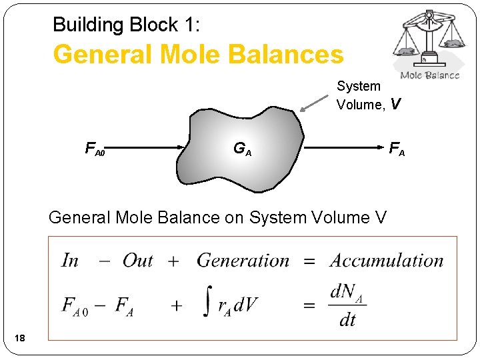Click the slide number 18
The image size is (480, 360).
point(20,339)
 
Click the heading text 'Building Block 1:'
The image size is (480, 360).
point(125,25)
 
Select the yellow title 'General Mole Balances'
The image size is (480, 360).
point(198,55)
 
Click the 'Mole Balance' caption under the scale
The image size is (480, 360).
point(430,75)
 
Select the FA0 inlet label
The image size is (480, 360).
point(95,149)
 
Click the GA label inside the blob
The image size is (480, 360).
point(242,149)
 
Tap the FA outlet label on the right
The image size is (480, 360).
point(397,149)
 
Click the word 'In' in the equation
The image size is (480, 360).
point(70,261)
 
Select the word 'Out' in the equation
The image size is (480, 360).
point(137,261)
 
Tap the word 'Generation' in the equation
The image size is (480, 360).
point(243,261)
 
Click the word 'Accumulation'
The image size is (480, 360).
point(387,261)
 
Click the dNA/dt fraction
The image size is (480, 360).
point(347,305)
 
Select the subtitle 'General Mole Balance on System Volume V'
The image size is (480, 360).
point(217,217)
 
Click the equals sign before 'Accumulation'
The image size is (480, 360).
point(309,261)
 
